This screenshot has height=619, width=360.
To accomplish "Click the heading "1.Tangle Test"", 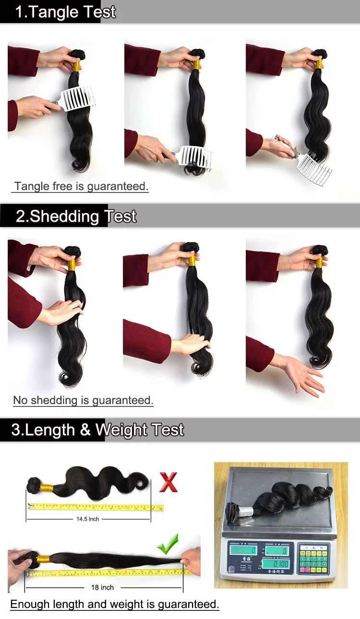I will [65, 12].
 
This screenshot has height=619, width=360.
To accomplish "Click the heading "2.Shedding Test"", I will [76, 216].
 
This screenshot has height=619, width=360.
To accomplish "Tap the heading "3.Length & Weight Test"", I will [97, 429].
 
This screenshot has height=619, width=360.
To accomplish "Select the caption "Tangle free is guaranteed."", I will [81, 186].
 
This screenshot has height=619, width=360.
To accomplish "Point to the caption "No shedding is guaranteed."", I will [83, 400].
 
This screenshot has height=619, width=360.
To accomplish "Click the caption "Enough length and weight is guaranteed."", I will [115, 604].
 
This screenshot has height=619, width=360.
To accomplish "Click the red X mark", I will [168, 482].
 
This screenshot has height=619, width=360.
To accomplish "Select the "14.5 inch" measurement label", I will [87, 519].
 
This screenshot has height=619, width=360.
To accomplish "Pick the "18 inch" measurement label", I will [102, 587].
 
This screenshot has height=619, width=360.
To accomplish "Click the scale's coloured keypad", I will [314, 559].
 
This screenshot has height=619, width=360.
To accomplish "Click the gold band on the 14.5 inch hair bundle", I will [47, 488].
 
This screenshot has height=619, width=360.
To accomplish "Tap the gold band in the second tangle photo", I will [196, 64].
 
